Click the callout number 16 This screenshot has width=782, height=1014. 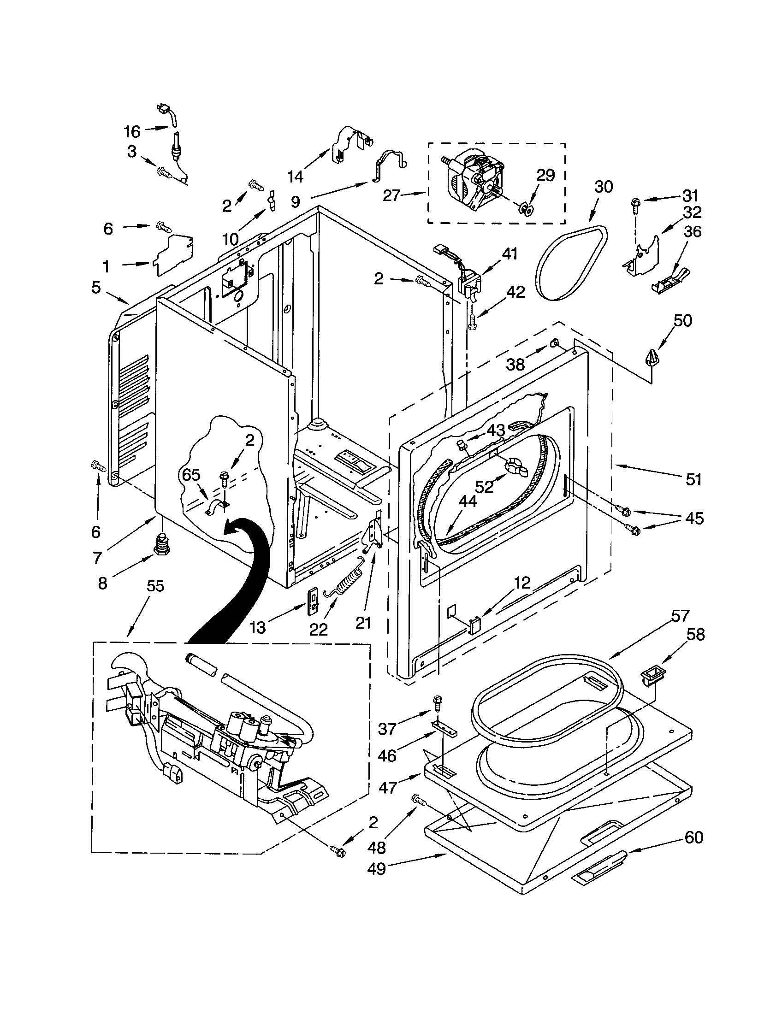(132, 131)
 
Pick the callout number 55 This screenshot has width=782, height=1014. (155, 586)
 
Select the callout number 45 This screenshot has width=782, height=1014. (694, 518)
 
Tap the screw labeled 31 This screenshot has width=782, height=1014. (634, 204)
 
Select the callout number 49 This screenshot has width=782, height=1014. (376, 868)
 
